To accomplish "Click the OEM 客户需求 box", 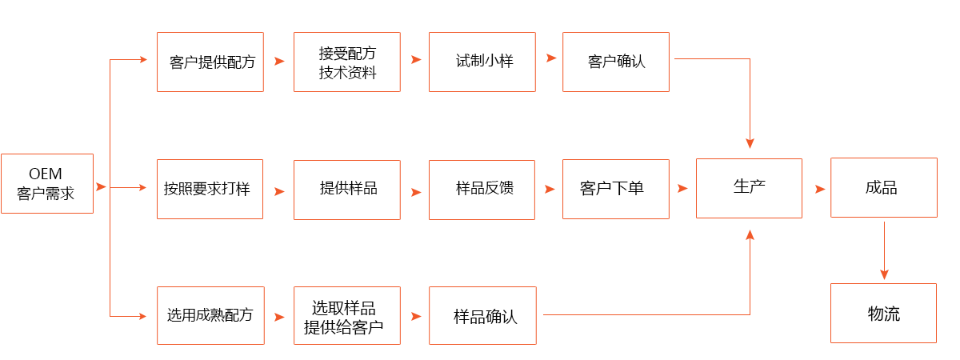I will tap(46, 184).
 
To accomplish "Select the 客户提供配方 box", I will tap(211, 62).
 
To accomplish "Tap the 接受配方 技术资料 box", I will tap(346, 62).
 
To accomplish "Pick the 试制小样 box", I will tap(482, 62).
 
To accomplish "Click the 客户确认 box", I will tap(615, 62).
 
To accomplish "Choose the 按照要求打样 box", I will tap(211, 190).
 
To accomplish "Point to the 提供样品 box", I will tap(346, 190).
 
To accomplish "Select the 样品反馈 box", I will tap(482, 190).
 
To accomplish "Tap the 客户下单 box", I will tap(615, 190).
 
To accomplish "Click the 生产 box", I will tap(749, 188).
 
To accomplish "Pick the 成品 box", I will tap(883, 188).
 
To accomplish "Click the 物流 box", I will tap(883, 314).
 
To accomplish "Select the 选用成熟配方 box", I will tap(211, 315).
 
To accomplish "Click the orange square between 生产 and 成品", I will tap(820, 190).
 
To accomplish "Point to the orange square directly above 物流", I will tap(884, 274).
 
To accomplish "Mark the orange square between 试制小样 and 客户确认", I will tap(551, 58).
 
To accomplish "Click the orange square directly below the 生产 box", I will tap(750, 234).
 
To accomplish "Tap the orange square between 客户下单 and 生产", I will tap(682, 189).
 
